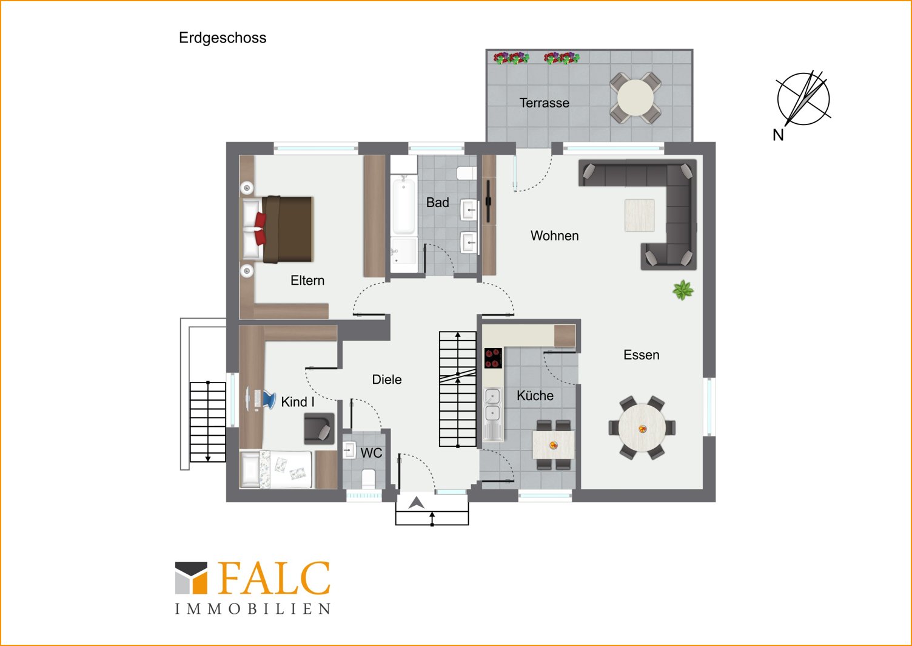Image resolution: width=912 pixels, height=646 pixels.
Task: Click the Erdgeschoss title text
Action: (x=223, y=38)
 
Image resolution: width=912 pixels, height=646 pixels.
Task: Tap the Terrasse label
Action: (x=544, y=103)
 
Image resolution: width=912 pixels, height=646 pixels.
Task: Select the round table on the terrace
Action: (x=635, y=98)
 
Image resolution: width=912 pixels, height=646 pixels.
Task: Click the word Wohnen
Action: (x=554, y=236)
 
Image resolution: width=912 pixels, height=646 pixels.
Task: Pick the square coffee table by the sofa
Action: (x=640, y=215)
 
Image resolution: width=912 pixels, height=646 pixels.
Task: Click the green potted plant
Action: (x=683, y=290)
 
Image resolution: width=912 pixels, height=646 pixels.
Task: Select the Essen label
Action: (x=642, y=355)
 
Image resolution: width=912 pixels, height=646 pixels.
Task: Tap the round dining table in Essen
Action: (x=642, y=428)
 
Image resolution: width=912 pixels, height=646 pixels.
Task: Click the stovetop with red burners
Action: (x=493, y=358)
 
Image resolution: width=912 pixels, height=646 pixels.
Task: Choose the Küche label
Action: (x=535, y=395)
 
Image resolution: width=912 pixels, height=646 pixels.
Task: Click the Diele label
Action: (x=387, y=379)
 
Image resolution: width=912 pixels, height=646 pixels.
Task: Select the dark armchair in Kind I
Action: (x=319, y=429)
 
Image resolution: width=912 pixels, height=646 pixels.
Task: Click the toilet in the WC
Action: (x=369, y=478)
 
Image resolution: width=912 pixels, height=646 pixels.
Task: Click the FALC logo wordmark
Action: (x=275, y=579)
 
